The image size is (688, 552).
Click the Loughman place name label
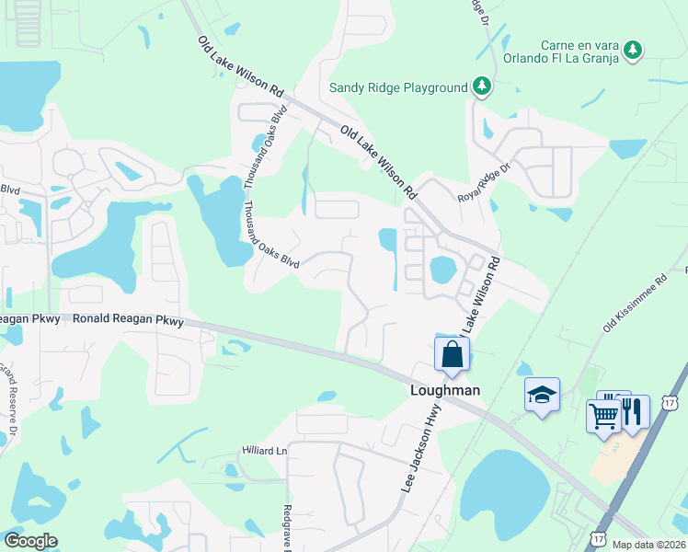click(444, 390)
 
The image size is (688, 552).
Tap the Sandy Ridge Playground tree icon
click(480, 86)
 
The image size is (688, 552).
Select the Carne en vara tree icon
click(632, 50)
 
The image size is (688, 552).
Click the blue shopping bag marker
click(452, 353)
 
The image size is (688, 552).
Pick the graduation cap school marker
click(542, 396)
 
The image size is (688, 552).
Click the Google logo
click(30, 541)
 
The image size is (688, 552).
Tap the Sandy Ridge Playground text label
click(399, 88)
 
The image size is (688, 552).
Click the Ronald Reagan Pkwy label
click(128, 320)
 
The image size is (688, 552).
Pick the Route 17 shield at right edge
click(670, 403)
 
